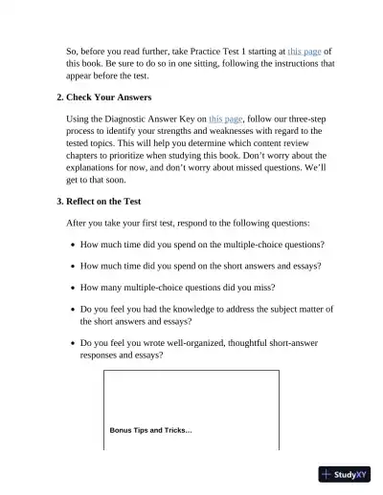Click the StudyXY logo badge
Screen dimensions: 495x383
tap(346, 473)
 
